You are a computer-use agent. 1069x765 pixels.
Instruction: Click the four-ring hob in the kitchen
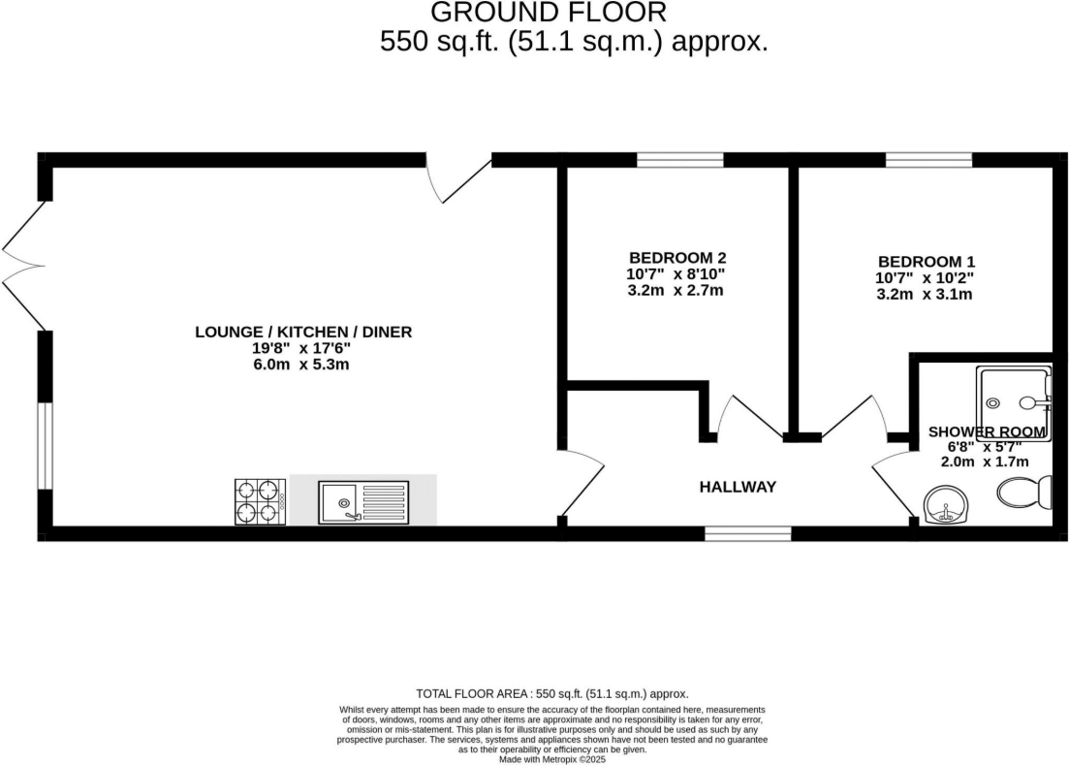[261, 501]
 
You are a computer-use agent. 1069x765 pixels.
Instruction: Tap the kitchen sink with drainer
[363, 500]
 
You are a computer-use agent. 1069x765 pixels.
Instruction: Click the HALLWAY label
[738, 487]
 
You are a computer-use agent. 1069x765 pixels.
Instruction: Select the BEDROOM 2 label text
[677, 258]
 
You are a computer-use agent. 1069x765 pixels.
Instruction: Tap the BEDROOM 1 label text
[926, 262]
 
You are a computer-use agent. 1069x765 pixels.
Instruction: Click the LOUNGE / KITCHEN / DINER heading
[303, 332]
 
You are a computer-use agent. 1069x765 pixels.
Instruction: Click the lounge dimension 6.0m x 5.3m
[303, 365]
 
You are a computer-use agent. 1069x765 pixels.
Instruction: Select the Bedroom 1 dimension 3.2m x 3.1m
[926, 295]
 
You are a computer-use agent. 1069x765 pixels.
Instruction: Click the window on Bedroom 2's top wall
[680, 160]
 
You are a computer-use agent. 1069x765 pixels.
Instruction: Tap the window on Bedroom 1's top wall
[928, 160]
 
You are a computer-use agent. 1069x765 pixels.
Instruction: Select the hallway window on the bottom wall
[747, 533]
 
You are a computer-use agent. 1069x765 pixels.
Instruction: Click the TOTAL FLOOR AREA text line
[551, 693]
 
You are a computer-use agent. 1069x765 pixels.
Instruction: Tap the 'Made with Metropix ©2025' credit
[551, 760]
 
